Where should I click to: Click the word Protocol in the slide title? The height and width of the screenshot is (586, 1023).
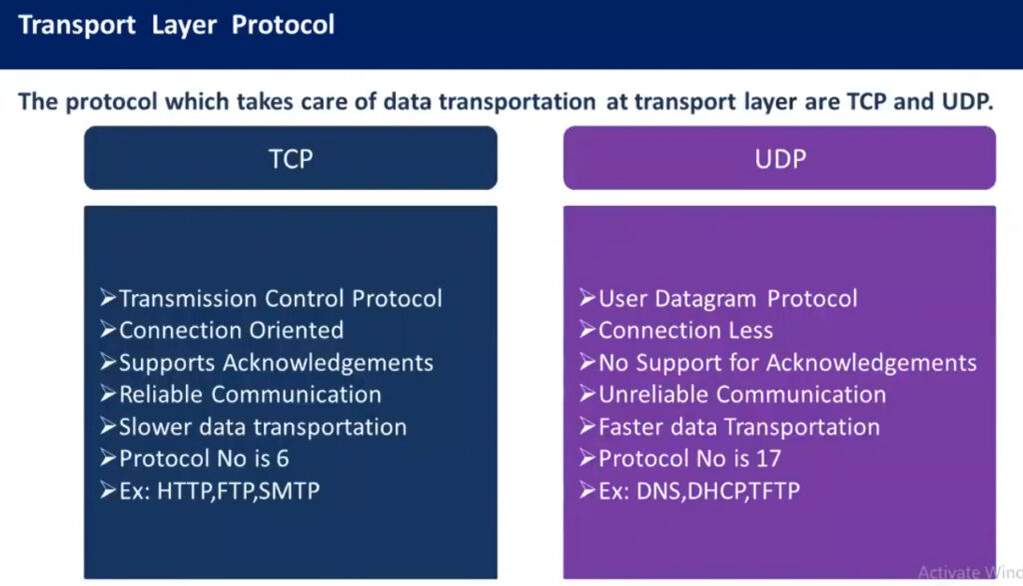283,25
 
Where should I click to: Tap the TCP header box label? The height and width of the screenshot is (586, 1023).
291,159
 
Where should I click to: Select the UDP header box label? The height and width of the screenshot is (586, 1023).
780,159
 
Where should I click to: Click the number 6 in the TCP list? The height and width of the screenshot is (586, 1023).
283,459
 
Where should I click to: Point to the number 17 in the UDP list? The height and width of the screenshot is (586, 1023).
768,459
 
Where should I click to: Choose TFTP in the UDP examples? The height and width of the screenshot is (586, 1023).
774,491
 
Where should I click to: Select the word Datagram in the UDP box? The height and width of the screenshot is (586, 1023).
705,299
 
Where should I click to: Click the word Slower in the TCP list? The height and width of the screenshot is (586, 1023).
155,427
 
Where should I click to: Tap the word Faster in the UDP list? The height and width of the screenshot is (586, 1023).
631,427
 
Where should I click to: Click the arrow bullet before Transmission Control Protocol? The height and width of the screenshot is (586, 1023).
108,298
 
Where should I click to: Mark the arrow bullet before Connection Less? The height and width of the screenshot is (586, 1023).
587,330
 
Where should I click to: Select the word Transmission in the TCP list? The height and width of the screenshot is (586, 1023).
188,299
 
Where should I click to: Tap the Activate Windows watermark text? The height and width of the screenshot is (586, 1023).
970,572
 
